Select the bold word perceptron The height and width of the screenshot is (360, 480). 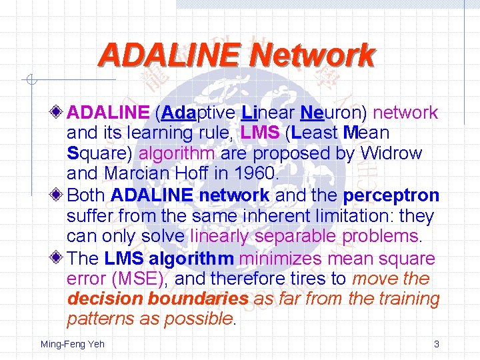tap(391, 196)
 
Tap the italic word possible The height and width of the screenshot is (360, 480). tap(198, 319)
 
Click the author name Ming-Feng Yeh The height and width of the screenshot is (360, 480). tap(73, 344)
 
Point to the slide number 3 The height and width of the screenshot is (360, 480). tap(436, 344)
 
